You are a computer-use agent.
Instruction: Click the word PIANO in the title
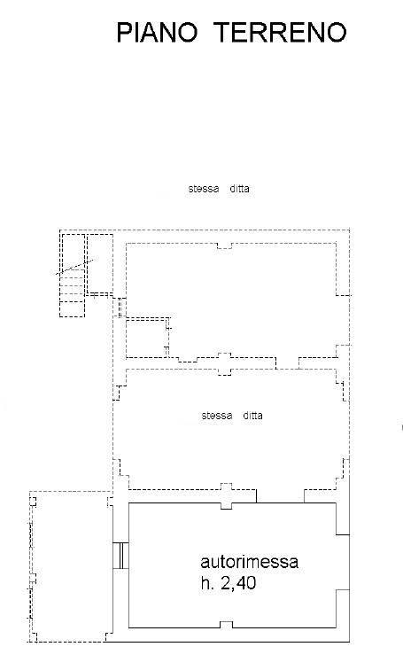[157, 33]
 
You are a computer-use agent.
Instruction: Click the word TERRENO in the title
[280, 33]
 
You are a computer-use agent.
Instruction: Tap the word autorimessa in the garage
[249, 562]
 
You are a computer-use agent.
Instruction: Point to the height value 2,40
[238, 583]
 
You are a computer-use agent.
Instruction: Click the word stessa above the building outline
[204, 189]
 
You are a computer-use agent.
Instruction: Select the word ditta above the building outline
[239, 189]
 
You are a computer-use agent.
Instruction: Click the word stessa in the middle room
[217, 416]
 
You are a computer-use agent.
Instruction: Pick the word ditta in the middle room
[252, 416]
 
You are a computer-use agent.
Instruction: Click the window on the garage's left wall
[120, 556]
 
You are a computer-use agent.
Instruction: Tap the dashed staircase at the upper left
[72, 276]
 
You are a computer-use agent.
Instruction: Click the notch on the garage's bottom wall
[226, 625]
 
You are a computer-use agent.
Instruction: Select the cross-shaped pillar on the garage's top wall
[226, 496]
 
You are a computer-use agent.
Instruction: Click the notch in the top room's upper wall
[225, 245]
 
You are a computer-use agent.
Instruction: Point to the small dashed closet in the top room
[148, 337]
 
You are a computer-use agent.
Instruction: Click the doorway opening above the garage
[280, 495]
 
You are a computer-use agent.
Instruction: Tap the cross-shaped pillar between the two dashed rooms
[225, 364]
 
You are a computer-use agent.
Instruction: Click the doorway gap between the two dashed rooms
[287, 362]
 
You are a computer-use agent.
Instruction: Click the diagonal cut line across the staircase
[74, 267]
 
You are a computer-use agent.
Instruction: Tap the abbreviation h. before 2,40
[207, 583]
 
